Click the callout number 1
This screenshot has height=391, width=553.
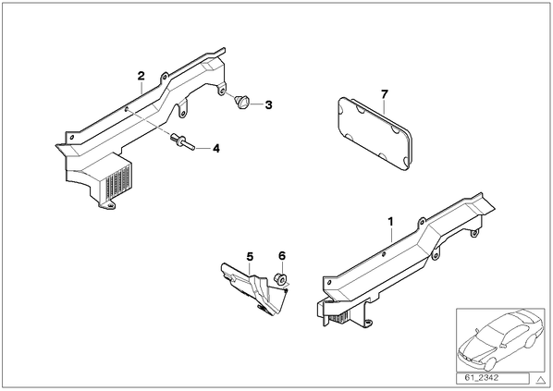[390, 222]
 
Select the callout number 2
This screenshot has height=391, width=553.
[141, 76]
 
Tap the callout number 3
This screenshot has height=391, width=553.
[269, 104]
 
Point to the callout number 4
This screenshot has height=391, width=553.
[216, 149]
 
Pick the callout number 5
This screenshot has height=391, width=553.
[250, 257]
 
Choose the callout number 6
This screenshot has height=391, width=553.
[282, 256]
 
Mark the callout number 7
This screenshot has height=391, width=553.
[385, 94]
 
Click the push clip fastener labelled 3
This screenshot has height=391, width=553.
[241, 101]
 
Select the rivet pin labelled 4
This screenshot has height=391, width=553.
[182, 141]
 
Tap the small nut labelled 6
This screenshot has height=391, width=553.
[280, 278]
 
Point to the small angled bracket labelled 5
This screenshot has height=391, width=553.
[254, 288]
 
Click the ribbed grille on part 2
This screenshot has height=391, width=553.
[118, 180]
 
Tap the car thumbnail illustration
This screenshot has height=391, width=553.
[500, 340]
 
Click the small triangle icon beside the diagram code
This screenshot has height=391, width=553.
[540, 380]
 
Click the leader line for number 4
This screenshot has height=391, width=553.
[203, 149]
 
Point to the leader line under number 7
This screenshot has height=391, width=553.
[384, 106]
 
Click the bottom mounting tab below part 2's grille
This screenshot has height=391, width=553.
[106, 204]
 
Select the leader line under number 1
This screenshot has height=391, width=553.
[391, 235]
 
